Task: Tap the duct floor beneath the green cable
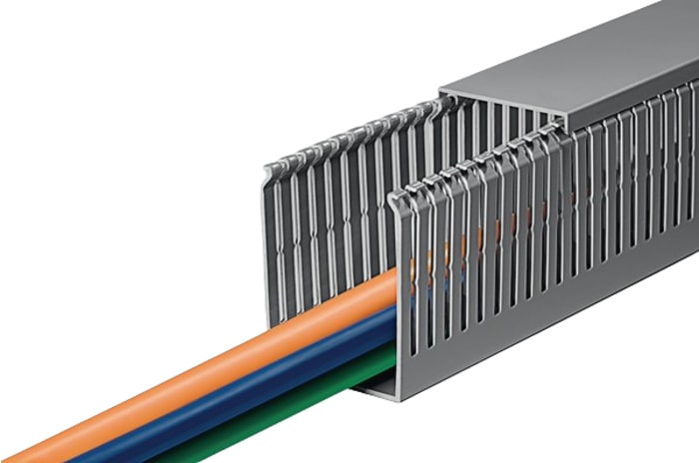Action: pos(369,387)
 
